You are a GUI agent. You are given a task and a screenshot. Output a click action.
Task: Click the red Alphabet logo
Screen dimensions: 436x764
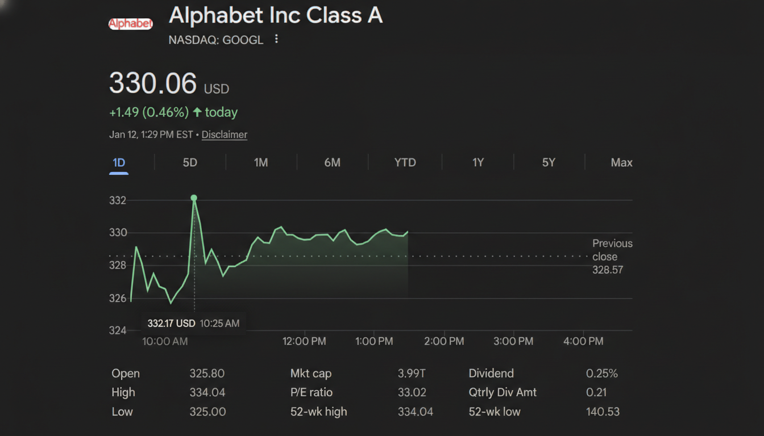(130, 24)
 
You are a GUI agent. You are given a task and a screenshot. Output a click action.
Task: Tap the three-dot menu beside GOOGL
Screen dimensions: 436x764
(276, 39)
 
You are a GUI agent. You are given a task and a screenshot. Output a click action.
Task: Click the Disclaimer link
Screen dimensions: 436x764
(224, 135)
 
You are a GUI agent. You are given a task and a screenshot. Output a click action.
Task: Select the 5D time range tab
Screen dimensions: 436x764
(190, 162)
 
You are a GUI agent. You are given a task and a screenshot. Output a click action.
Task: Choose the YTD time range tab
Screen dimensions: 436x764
(405, 162)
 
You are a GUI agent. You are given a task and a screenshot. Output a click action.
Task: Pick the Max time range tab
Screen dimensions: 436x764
(621, 162)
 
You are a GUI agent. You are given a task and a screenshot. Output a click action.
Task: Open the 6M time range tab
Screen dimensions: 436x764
(332, 162)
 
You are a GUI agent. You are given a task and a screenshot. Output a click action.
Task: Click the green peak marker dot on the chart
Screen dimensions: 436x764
(194, 198)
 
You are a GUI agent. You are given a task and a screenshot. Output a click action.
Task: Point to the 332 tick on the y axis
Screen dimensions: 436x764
(118, 200)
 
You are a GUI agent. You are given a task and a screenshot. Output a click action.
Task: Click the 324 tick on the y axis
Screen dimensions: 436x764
(118, 330)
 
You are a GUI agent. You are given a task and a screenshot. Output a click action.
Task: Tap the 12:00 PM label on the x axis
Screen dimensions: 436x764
(304, 341)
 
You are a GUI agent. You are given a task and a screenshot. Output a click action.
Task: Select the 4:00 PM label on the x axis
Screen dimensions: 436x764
(583, 341)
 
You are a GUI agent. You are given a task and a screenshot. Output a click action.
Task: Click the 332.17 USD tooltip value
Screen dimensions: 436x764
(171, 324)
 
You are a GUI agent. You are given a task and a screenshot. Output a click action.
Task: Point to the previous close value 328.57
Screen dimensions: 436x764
(608, 270)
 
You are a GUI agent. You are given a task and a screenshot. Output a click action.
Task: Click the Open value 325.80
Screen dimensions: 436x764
(207, 374)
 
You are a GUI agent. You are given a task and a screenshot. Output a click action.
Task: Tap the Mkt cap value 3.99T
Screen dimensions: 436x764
(412, 374)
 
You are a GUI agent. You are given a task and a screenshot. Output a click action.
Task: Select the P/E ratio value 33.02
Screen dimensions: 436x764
(412, 392)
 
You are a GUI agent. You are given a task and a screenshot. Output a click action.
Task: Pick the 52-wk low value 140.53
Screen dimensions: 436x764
(603, 412)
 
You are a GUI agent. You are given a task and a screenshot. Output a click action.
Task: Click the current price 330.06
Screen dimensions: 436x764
(152, 83)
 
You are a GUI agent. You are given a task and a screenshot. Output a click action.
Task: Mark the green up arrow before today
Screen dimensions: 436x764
(197, 112)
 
